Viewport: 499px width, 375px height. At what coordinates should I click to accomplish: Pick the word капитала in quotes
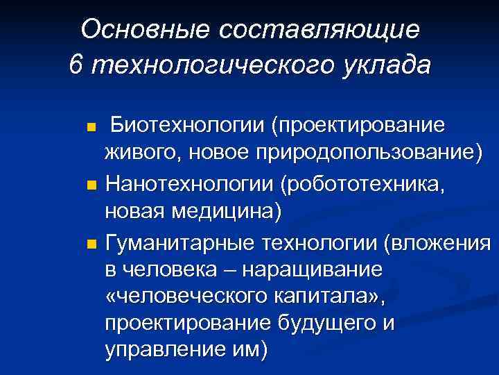[x=319, y=297]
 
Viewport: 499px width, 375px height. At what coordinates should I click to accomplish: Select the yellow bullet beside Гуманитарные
[x=90, y=244]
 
